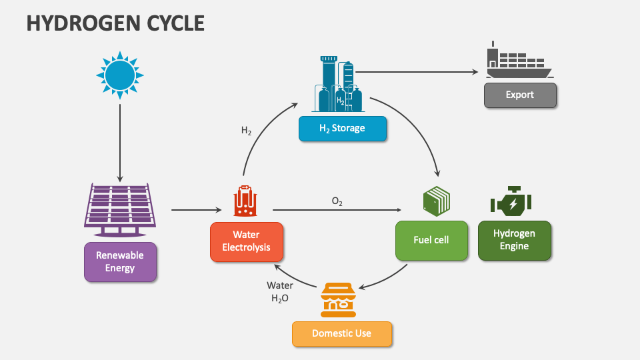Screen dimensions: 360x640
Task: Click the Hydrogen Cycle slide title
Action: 115,23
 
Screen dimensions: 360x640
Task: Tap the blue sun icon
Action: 120,75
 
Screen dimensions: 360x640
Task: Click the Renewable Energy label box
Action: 120,261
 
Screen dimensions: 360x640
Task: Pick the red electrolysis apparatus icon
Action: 246,201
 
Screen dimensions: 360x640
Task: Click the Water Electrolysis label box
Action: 246,241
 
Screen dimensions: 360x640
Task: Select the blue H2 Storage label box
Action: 343,128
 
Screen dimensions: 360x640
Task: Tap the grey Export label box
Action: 519,95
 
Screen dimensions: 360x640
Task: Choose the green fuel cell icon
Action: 437,201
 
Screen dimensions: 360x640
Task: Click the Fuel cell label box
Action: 431,240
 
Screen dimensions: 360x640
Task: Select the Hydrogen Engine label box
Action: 514,240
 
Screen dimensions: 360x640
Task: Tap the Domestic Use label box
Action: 341,333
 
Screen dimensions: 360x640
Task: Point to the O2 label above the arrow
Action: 337,201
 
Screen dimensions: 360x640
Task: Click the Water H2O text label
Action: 280,292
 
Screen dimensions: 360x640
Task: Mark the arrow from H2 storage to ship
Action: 417,72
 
